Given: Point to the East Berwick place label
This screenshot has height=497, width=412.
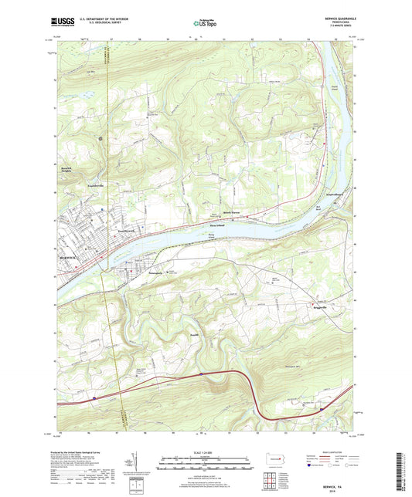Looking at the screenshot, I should (106, 231).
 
